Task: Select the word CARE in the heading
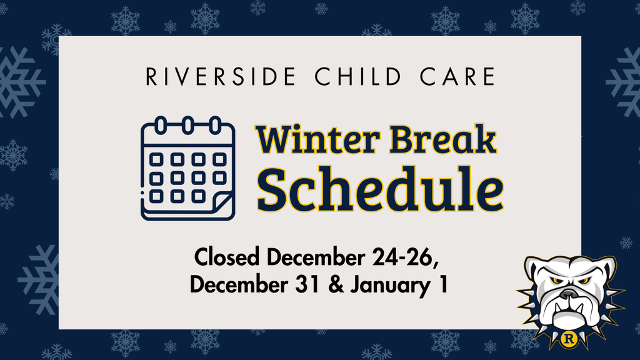461,77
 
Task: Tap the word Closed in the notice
228,257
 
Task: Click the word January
387,285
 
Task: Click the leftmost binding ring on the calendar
161,124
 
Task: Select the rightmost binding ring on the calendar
216,124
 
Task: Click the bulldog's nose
568,293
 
